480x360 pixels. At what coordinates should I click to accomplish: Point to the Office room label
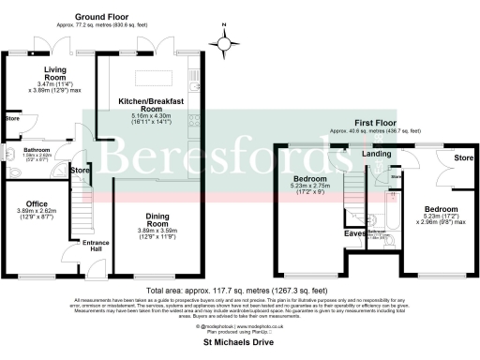pyautogui.click(x=37, y=203)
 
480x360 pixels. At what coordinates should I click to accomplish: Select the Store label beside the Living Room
pyautogui.click(x=12, y=119)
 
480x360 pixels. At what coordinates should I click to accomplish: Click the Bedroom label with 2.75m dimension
pyautogui.click(x=309, y=177)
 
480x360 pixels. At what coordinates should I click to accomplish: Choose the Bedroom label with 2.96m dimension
pyautogui.click(x=440, y=209)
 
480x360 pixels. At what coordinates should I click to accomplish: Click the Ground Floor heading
pyautogui.click(x=102, y=17)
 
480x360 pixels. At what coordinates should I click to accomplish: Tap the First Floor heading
pyautogui.click(x=374, y=122)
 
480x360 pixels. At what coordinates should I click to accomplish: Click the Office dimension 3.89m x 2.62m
pyautogui.click(x=37, y=213)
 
